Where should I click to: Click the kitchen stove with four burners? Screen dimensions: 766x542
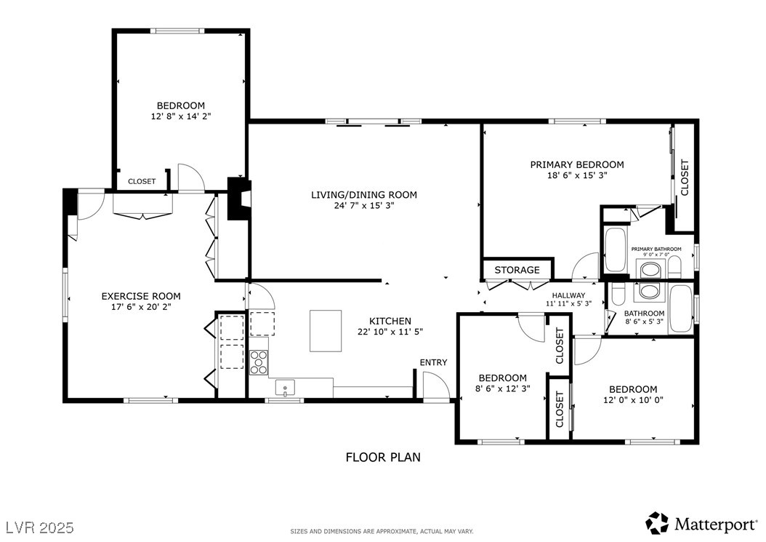tap(259, 362)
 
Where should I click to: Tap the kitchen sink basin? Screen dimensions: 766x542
tap(285, 388)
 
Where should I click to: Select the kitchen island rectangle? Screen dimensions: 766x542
tap(326, 331)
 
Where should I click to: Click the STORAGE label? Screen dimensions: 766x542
tap(517, 270)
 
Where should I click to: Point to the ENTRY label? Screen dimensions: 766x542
tap(433, 362)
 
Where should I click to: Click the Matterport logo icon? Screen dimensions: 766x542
tap(657, 523)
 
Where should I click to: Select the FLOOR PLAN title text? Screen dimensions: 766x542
tap(383, 458)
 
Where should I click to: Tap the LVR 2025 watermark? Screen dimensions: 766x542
tap(40, 527)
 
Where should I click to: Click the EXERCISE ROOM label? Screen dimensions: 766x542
tap(141, 296)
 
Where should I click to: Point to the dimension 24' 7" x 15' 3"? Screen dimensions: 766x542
tap(364, 205)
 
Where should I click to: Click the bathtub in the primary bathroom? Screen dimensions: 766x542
tap(615, 250)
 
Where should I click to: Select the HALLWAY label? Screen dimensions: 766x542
tap(568, 295)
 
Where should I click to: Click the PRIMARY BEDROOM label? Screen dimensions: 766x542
tap(577, 165)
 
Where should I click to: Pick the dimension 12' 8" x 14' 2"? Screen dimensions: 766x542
tap(181, 116)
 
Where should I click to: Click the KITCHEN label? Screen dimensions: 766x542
tap(390, 322)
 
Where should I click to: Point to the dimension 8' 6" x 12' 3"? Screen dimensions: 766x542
tap(502, 388)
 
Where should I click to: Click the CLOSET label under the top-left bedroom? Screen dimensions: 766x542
tap(142, 181)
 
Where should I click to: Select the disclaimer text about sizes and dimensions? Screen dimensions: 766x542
tap(382, 531)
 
